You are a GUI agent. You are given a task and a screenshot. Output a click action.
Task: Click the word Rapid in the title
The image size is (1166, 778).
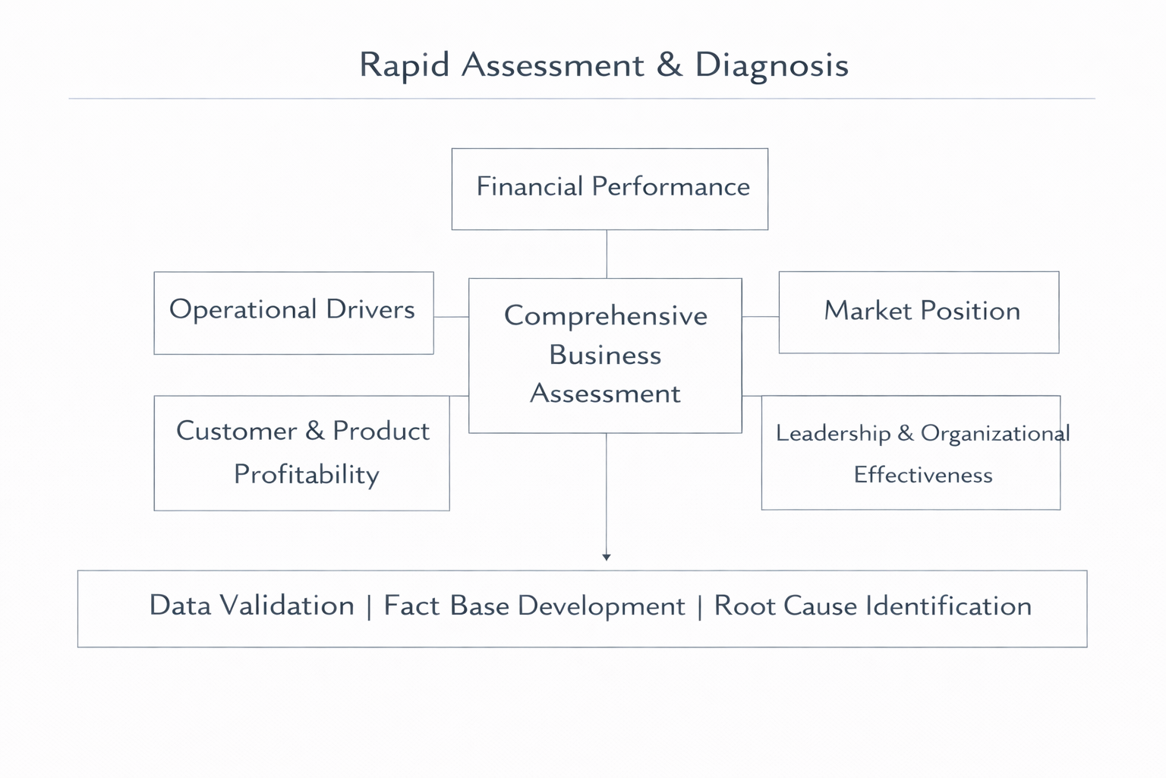[x=405, y=65]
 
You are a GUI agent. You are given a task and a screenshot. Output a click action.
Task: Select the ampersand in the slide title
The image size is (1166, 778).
[x=669, y=65]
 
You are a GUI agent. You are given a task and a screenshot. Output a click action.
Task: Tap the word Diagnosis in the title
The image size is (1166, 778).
[x=771, y=65]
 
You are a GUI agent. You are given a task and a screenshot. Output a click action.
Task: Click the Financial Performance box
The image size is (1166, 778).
[x=610, y=188]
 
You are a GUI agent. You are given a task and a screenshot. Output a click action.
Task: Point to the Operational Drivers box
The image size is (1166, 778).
[x=293, y=312]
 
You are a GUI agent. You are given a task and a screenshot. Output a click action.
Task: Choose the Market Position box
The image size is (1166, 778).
[x=919, y=312]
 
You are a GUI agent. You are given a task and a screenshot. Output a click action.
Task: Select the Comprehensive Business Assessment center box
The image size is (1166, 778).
[x=605, y=355]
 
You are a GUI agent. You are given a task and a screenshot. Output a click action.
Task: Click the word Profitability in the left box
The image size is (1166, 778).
[x=306, y=475]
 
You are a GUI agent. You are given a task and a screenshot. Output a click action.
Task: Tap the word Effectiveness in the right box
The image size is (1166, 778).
[x=923, y=476]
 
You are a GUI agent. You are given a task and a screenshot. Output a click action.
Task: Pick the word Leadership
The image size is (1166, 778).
[x=833, y=433]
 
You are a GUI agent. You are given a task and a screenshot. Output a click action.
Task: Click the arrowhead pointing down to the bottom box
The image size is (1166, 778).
[x=606, y=557]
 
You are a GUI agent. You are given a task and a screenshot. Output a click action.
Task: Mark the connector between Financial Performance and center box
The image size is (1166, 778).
[x=607, y=254]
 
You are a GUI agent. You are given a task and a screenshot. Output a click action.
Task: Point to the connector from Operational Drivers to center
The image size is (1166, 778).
[x=451, y=316]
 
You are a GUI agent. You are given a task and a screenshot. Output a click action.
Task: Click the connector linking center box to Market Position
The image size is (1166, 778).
[x=760, y=316]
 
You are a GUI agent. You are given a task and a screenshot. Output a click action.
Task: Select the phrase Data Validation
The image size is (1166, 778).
[x=251, y=606]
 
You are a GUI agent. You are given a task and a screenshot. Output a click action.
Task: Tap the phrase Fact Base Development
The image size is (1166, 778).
[x=534, y=606]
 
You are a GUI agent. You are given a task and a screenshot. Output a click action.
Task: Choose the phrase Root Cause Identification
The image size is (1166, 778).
[x=872, y=606]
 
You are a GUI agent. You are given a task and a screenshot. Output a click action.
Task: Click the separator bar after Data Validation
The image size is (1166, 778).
[x=369, y=607]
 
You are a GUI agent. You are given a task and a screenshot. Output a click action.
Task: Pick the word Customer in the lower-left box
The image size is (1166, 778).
[x=236, y=432]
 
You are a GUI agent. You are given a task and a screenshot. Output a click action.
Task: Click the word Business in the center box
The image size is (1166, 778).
[x=605, y=356]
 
